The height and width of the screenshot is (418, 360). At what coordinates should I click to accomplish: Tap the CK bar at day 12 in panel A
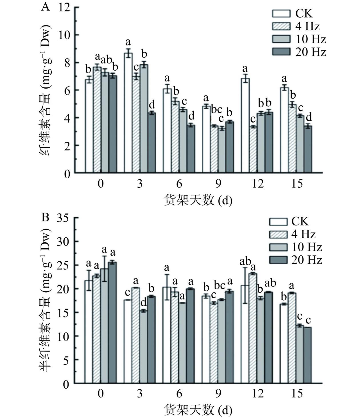pyautogui.click(x=245, y=126)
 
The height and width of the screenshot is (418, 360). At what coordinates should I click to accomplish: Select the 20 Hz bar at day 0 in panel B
pyautogui.click(x=113, y=323)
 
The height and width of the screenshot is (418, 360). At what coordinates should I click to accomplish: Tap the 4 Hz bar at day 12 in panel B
pyautogui.click(x=253, y=329)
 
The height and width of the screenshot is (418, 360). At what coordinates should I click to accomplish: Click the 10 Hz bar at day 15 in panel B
pyautogui.click(x=300, y=354)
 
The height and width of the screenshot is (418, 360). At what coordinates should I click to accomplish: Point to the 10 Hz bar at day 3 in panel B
pyautogui.click(x=143, y=347)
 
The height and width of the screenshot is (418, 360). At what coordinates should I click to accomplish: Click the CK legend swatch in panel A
pyautogui.click(x=281, y=13)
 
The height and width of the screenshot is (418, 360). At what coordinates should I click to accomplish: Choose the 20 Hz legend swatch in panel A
pyautogui.click(x=281, y=52)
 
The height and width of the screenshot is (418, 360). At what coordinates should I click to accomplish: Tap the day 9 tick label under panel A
pyautogui.click(x=218, y=184)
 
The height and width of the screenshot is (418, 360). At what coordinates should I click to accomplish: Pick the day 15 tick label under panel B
pyautogui.click(x=297, y=394)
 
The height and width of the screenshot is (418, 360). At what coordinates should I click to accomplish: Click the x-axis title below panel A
pyautogui.click(x=198, y=200)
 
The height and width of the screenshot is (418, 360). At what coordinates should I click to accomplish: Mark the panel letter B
pyautogui.click(x=46, y=218)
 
